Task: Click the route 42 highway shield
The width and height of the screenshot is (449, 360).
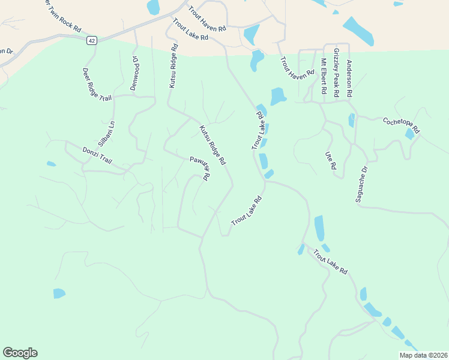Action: point(91,40)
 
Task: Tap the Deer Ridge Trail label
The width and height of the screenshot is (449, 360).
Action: point(97,85)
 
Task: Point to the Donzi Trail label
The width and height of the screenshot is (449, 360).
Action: point(97,155)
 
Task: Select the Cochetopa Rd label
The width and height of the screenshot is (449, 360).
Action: point(402,125)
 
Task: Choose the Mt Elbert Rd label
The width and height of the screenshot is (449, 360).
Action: point(323,76)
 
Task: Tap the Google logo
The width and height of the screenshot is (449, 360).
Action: point(20,353)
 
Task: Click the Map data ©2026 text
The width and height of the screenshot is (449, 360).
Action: point(423,355)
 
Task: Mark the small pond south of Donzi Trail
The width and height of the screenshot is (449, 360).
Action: point(51,163)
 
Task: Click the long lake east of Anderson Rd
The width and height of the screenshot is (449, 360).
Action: point(358,31)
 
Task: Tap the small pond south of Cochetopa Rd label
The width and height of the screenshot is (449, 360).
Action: point(409,134)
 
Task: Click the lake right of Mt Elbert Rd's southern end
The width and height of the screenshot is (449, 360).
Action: point(351,120)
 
